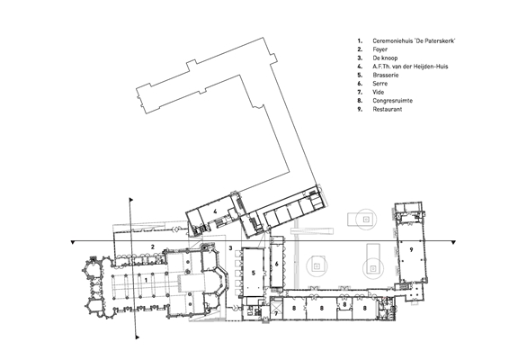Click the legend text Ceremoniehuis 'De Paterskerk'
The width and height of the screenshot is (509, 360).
tap(415, 40)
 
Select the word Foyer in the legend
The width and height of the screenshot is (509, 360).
tap(380, 49)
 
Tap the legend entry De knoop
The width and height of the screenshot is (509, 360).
tap(385, 58)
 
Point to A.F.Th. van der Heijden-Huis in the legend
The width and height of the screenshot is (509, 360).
tap(410, 67)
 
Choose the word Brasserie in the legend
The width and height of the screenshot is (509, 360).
tap(386, 75)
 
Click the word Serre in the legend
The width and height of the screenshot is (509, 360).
tap(380, 84)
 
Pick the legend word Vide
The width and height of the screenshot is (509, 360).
tap(379, 92)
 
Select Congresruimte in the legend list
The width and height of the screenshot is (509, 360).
tap(393, 101)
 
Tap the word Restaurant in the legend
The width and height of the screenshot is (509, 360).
tap(388, 109)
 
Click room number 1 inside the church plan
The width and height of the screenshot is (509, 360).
tap(146, 280)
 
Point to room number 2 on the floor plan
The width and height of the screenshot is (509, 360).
tap(153, 247)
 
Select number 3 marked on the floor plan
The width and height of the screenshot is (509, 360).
tap(230, 248)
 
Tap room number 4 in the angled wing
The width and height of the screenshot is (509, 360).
tap(215, 211)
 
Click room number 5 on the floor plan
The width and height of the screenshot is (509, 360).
tap(254, 273)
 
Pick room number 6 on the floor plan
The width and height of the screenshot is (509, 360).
tap(277, 264)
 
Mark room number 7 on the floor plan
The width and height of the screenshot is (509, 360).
tap(276, 313)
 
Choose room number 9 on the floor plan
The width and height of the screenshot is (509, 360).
tap(411, 249)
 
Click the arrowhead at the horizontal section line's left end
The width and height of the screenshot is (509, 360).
tap(73, 242)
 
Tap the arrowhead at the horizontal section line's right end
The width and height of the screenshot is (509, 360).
tap(454, 242)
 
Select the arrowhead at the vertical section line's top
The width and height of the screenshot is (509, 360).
tap(131, 200)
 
